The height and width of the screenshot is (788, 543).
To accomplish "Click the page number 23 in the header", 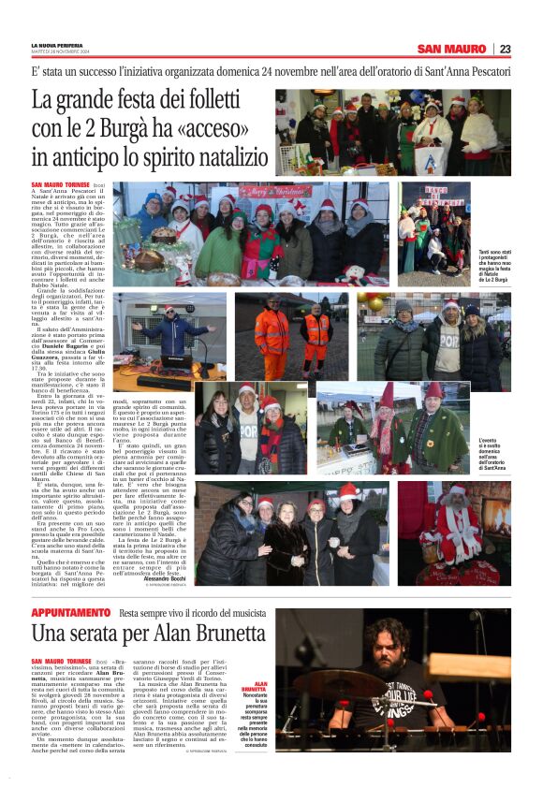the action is pyautogui.click(x=505, y=49).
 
